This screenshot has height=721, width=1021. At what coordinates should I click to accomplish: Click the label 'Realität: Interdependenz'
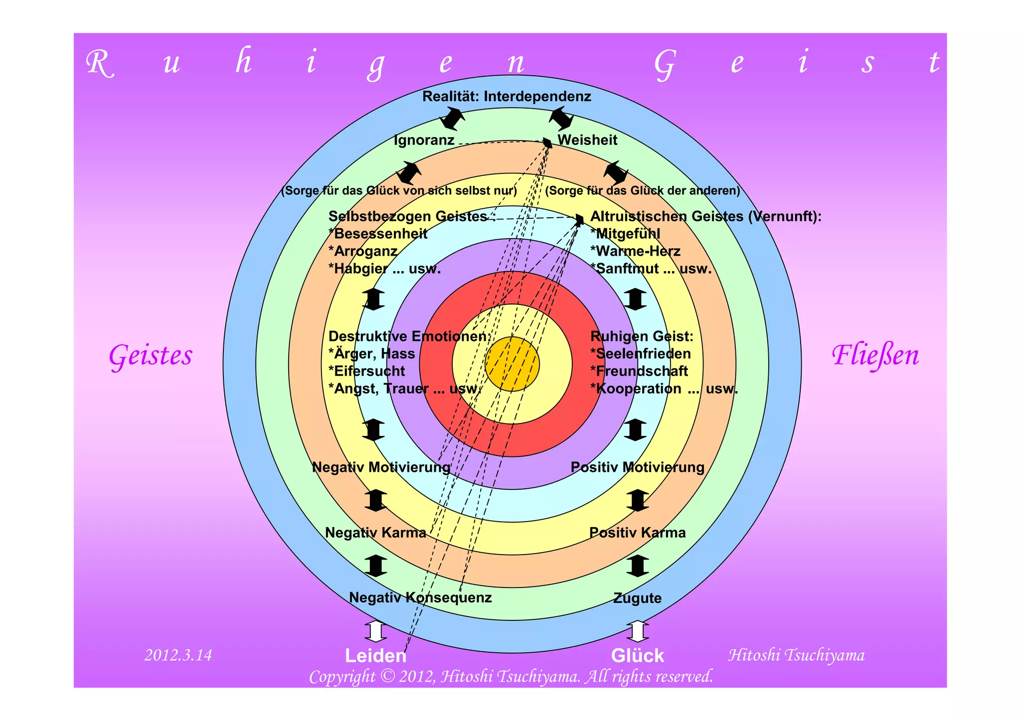[507, 97]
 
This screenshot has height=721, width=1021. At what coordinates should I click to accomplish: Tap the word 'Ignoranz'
[424, 141]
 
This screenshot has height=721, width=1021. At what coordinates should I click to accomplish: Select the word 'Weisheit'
[587, 141]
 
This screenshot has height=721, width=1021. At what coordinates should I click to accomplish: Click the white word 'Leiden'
[375, 656]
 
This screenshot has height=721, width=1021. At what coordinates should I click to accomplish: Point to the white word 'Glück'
[638, 656]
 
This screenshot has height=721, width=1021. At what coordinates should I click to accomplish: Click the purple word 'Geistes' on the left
[151, 356]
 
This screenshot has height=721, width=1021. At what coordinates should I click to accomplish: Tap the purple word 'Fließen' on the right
[875, 356]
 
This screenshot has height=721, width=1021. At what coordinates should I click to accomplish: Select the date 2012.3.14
[178, 655]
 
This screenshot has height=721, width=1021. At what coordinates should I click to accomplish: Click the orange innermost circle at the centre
[512, 364]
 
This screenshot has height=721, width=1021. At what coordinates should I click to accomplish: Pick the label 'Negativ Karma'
[375, 533]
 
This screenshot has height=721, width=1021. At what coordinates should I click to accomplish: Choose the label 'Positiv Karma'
[638, 533]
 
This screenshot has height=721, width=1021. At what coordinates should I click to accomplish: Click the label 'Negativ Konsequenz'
[420, 597]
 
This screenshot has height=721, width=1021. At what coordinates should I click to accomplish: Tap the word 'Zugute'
[638, 598]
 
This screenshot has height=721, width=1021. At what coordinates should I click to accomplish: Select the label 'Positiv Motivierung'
[638, 467]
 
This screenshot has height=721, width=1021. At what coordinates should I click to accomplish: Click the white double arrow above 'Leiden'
[375, 631]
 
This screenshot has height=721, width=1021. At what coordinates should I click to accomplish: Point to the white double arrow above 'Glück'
[638, 631]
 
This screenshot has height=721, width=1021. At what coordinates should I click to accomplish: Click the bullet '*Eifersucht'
[367, 371]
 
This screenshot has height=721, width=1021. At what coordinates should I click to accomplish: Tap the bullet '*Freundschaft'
[639, 371]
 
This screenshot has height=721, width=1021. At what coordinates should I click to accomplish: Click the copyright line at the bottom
[511, 677]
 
